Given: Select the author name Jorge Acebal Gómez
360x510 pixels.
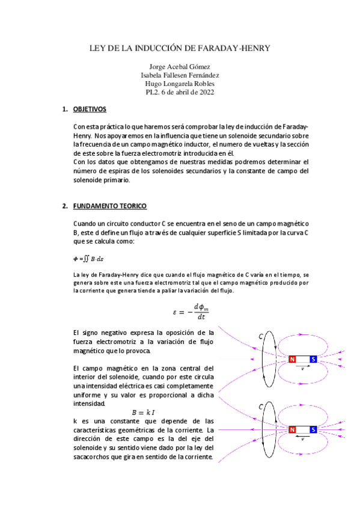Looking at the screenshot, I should [x=180, y=67].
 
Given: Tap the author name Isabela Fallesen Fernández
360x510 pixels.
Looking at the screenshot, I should [x=180, y=75].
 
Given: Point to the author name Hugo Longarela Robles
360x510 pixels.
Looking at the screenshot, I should [x=180, y=84].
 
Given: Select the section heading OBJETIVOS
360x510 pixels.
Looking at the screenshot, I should [x=90, y=109].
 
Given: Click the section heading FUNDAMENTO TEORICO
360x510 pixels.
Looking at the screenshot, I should [x=109, y=206].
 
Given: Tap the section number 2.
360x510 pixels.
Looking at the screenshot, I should [x=65, y=206].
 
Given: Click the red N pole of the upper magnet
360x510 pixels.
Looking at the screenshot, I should [x=292, y=360].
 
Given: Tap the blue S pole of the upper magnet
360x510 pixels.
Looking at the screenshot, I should [x=313, y=360].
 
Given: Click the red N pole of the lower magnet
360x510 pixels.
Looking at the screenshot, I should [x=292, y=430].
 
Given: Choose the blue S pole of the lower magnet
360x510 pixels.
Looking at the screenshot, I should [x=313, y=430].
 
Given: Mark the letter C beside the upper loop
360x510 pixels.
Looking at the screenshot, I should [x=260, y=337].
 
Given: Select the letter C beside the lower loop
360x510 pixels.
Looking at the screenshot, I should [x=260, y=407].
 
